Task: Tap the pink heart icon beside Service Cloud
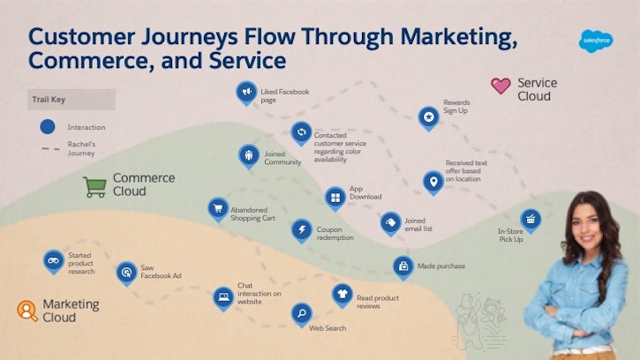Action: [501, 86]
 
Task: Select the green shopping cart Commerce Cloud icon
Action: [94, 186]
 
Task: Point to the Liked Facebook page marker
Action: [246, 91]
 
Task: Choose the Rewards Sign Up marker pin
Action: [429, 116]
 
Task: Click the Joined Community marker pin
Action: [249, 155]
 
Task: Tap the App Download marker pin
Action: [335, 198]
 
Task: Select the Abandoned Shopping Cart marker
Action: [218, 208]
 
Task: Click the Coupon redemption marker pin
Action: [302, 230]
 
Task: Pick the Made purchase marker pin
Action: [403, 266]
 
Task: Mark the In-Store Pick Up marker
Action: [531, 219]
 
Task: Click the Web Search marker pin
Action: [302, 312]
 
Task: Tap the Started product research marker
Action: [54, 260]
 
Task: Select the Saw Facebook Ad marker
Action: [127, 272]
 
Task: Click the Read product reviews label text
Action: [379, 302]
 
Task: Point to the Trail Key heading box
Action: [71, 100]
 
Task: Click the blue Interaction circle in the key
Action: [48, 127]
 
